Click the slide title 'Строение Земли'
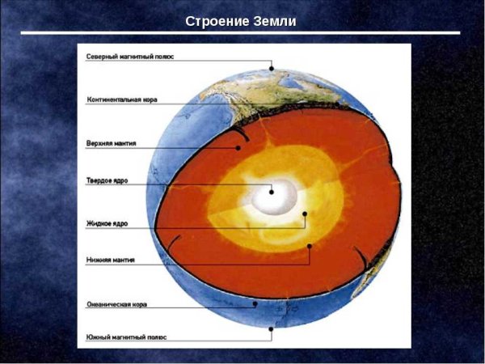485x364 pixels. pyautogui.click(x=241, y=20)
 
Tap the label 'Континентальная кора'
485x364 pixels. pyautogui.click(x=122, y=100)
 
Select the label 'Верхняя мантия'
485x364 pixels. pyautogui.click(x=111, y=143)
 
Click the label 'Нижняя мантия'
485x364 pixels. pyautogui.click(x=110, y=260)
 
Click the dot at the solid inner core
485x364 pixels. pyautogui.click(x=272, y=192)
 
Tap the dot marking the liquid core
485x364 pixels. pyautogui.click(x=305, y=215)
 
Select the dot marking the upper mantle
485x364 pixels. pyautogui.click(x=238, y=148)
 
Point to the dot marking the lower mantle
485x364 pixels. pyautogui.click(x=310, y=245)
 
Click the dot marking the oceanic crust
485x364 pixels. pyautogui.click(x=255, y=305)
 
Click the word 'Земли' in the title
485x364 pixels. pyautogui.click(x=277, y=20)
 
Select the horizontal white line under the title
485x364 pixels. pyautogui.click(x=241, y=33)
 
